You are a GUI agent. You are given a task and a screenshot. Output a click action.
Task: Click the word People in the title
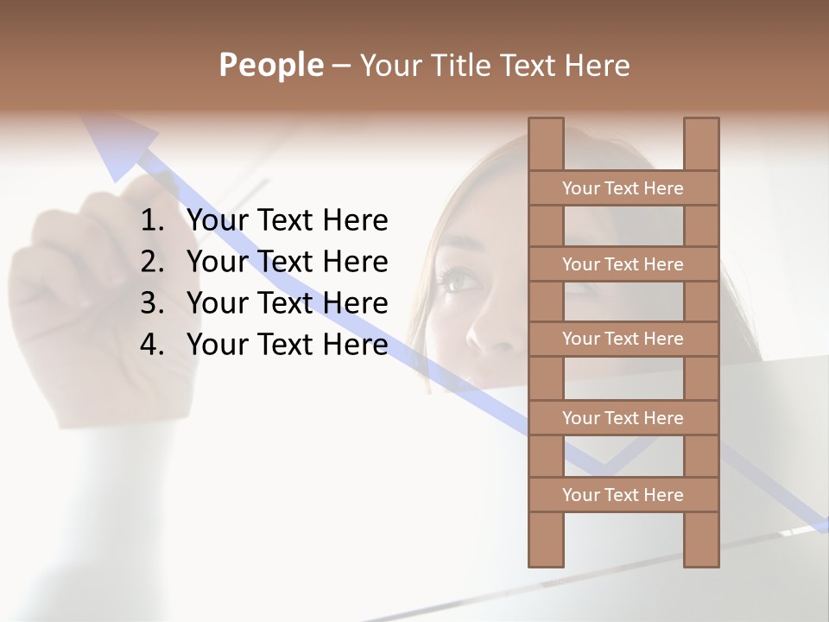(x=270, y=65)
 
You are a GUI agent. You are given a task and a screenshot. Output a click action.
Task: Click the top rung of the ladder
(x=623, y=188)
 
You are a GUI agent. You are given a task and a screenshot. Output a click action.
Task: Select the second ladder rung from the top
(x=623, y=264)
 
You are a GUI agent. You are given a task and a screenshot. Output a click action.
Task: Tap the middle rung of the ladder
(x=623, y=339)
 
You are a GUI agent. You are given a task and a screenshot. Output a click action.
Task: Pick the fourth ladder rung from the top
(x=623, y=418)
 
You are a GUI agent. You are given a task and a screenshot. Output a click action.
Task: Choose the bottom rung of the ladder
(x=623, y=495)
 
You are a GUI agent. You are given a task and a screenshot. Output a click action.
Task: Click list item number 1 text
(x=287, y=221)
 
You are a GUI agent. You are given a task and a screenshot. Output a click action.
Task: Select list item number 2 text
(x=287, y=262)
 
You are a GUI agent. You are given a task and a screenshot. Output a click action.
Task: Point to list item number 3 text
(x=287, y=303)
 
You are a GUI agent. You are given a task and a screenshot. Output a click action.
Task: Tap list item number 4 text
(x=287, y=345)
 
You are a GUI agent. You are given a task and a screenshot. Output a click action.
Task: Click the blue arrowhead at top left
(x=117, y=147)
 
